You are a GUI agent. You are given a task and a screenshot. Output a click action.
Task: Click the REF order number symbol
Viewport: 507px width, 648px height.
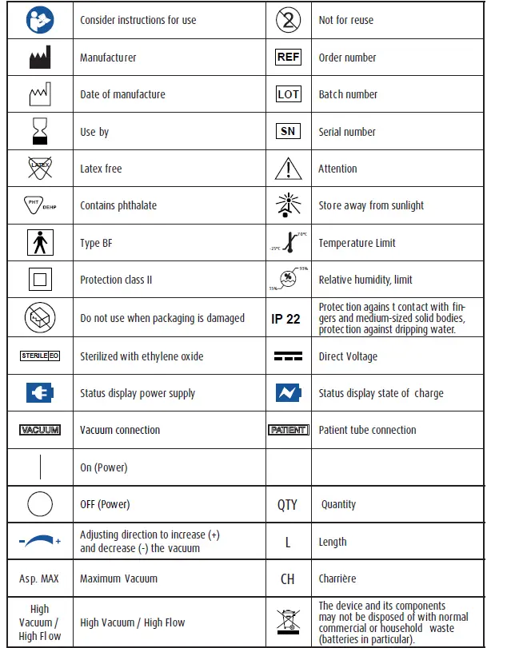(288, 58)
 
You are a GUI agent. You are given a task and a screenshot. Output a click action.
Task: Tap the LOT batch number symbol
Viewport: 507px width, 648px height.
(288, 94)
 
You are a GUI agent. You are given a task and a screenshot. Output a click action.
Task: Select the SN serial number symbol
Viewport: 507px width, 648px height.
(288, 132)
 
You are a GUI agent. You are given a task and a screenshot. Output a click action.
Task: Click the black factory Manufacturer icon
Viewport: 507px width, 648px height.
(40, 58)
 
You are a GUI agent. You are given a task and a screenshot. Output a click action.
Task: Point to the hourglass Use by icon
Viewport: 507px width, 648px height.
(40, 131)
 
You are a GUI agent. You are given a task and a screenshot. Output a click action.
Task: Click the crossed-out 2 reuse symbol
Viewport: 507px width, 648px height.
(288, 20)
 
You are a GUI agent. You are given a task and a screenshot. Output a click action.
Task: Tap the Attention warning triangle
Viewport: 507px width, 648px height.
(288, 169)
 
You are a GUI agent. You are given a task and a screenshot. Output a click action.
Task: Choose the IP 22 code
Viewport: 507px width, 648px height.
(285, 319)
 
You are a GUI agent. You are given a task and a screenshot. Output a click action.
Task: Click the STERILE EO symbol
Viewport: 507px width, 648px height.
(40, 356)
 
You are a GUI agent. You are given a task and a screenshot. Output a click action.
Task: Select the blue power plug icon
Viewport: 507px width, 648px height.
(40, 393)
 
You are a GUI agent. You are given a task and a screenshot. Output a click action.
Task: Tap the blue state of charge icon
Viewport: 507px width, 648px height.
(288, 393)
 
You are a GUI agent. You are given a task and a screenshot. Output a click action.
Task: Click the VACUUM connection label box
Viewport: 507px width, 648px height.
(40, 430)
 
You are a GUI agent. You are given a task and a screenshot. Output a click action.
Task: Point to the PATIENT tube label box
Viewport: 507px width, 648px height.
(288, 430)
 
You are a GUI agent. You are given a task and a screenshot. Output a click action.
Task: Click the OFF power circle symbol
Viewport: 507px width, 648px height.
(40, 504)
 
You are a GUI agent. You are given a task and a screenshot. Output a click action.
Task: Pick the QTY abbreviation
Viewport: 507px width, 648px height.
(287, 505)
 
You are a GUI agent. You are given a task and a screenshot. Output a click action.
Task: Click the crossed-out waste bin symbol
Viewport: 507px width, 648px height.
(288, 622)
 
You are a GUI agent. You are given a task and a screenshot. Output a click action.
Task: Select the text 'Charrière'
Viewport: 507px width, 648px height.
(337, 578)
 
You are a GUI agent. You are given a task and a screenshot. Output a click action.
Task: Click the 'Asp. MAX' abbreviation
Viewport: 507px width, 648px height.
(39, 578)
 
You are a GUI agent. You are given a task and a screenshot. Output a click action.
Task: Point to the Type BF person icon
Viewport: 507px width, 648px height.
(40, 243)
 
